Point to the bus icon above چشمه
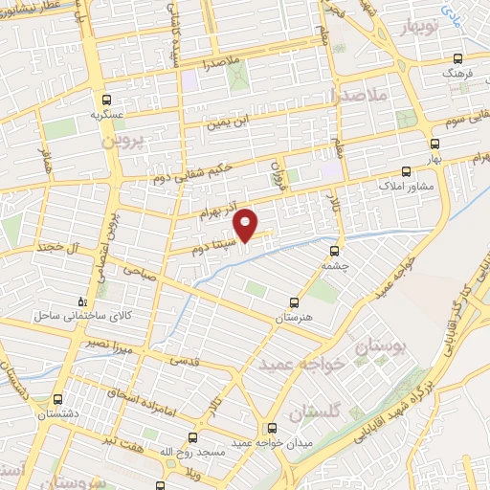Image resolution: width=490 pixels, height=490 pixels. coord(333,248)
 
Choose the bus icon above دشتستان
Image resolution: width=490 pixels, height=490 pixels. coord(59,399)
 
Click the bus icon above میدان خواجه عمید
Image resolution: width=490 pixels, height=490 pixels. coord(273,428)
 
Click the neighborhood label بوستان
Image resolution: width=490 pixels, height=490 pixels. coord(374,349)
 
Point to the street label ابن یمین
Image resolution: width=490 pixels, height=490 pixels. coord(230,122)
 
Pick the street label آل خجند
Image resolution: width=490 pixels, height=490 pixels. coord(56,247)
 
